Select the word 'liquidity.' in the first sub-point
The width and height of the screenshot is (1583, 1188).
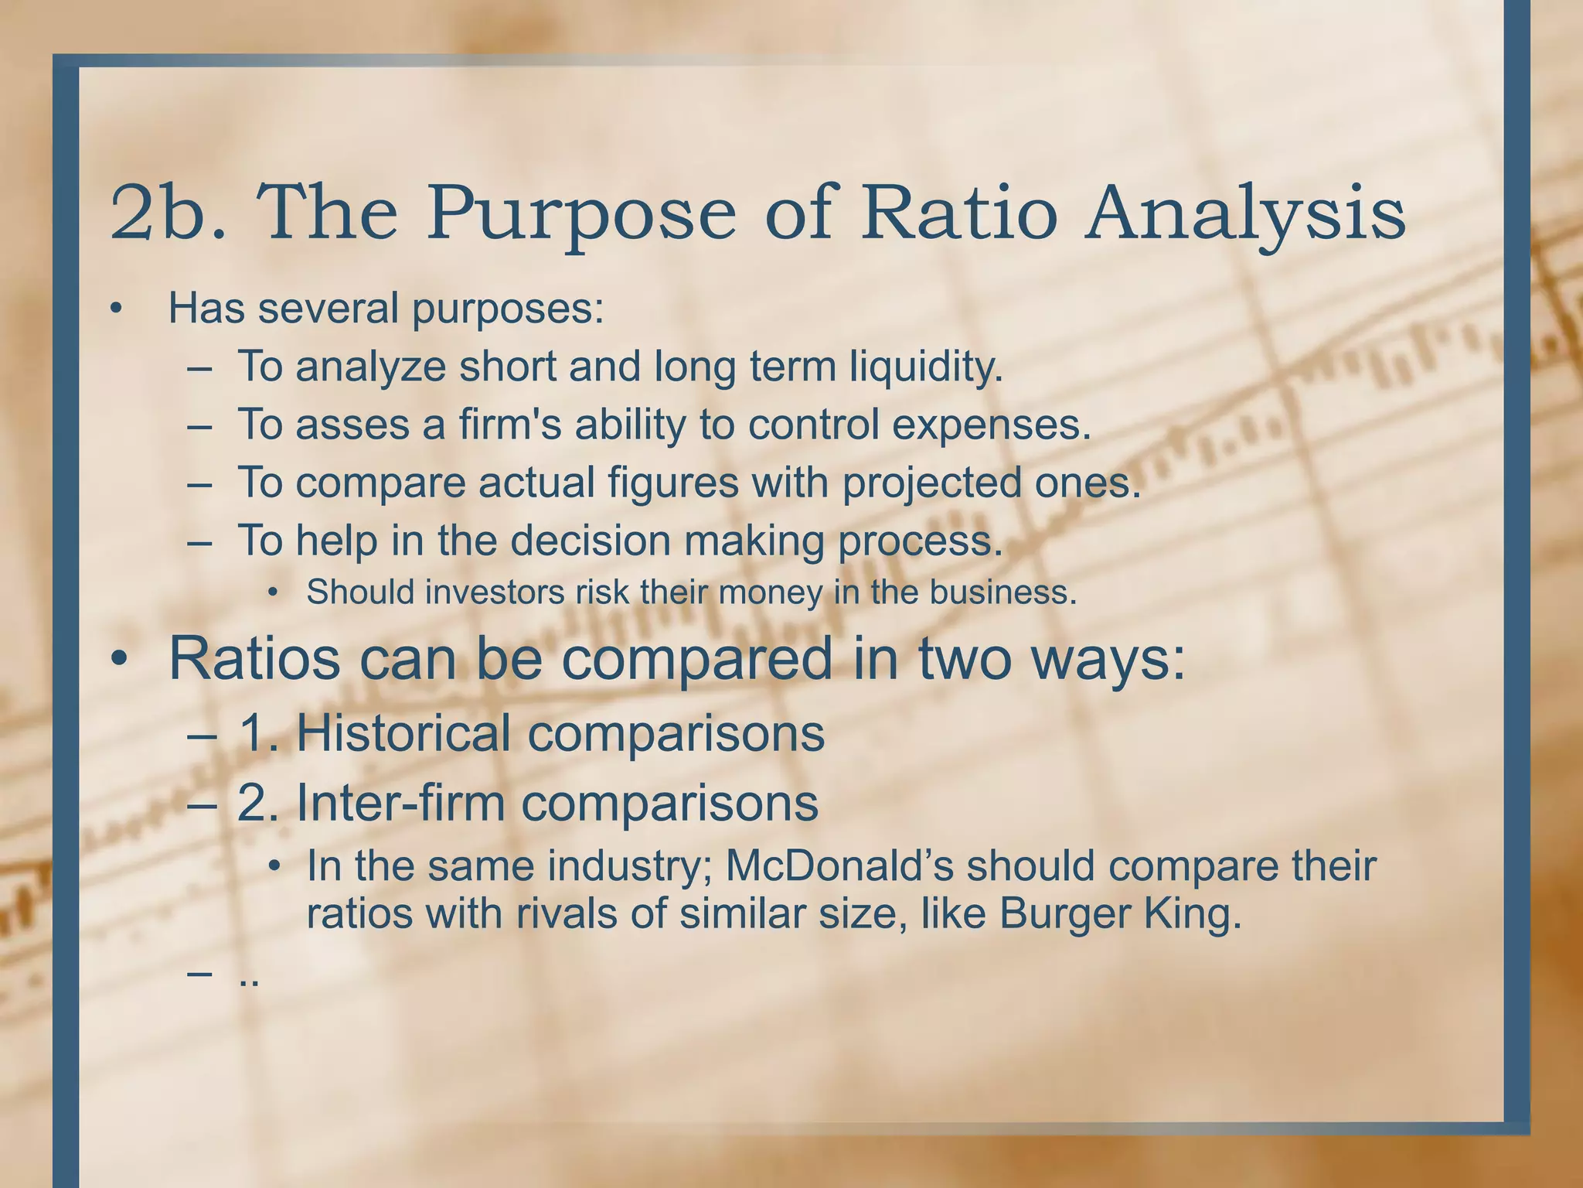(925, 367)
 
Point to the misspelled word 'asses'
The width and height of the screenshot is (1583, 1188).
(352, 425)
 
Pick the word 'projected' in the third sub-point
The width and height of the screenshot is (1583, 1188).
(931, 483)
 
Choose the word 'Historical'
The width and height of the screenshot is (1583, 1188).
(403, 733)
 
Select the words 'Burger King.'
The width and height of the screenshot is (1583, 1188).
(1120, 914)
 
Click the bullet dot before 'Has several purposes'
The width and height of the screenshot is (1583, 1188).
(116, 309)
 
